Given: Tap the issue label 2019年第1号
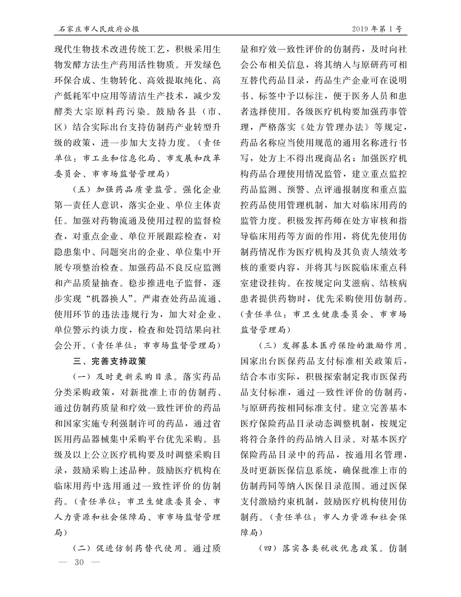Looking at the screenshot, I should coord(376,29).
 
